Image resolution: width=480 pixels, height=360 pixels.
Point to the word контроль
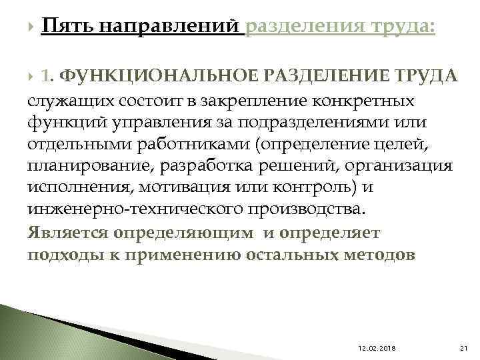point(295,188)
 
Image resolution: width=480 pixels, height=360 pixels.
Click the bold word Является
point(68,233)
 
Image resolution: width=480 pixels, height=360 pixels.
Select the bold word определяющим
point(184,233)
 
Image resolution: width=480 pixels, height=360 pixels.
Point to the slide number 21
point(465,347)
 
